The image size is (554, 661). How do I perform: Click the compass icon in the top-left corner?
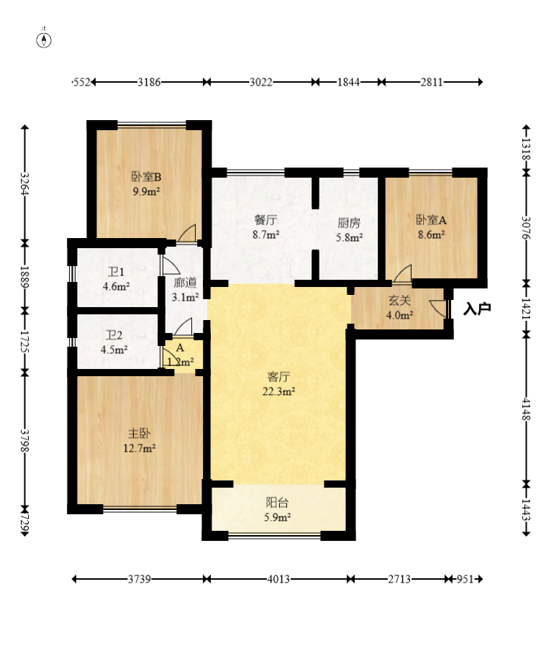[x=44, y=40]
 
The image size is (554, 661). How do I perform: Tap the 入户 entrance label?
[x=477, y=309]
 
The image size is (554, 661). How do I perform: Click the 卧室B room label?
[x=146, y=177]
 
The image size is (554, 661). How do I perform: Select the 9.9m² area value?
[x=146, y=191]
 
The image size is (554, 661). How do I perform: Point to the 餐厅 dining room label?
[x=265, y=220]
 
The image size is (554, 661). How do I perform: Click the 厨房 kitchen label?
[x=349, y=222]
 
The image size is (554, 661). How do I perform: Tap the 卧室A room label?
[x=431, y=219]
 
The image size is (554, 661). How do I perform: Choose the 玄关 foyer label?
[x=399, y=301]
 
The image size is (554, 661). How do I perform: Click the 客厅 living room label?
[x=278, y=376]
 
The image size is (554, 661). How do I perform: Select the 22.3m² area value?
[x=278, y=391]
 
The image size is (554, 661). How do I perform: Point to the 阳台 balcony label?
[x=278, y=502]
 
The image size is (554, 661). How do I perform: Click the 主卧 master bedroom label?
[x=139, y=433]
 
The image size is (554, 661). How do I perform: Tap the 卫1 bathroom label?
[x=116, y=272]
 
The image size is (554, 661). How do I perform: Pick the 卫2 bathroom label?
[x=114, y=335]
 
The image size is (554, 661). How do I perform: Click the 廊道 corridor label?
[x=185, y=283]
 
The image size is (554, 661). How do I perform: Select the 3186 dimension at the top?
[x=149, y=82]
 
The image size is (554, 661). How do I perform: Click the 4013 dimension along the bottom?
[x=278, y=579]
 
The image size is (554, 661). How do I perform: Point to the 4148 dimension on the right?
[x=526, y=409]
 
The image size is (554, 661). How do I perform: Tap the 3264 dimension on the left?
[x=24, y=184]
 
